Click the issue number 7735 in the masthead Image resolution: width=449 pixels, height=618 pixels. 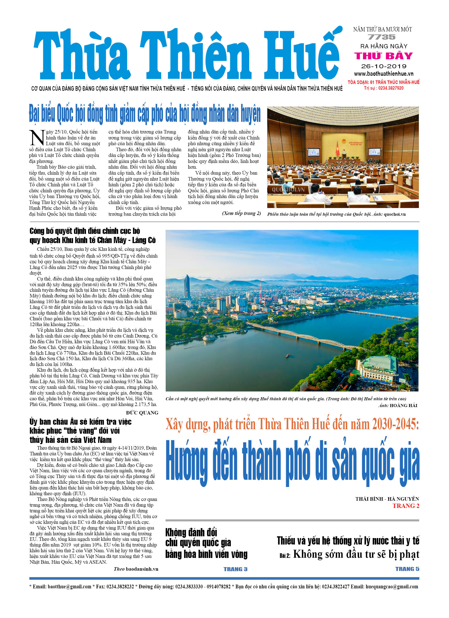pos(382,37)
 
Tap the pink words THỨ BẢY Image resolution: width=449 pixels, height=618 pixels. pos(383,56)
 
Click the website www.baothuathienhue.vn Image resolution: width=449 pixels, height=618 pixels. pos(383,73)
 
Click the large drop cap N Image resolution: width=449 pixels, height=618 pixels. pos(37,137)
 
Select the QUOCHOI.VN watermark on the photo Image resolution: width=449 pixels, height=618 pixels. pos(288,190)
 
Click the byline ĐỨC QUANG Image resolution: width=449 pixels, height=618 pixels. pos(142,412)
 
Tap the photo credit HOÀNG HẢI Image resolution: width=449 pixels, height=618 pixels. pos(403,406)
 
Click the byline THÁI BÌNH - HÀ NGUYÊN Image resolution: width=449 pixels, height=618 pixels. pos(387,499)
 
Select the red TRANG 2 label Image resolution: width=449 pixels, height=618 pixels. pos(406,506)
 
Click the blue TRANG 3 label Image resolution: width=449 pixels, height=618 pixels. pos(235,569)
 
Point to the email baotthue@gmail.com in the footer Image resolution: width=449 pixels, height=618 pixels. pos(70,586)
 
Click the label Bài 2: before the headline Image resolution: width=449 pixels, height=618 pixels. pos(285,555)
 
